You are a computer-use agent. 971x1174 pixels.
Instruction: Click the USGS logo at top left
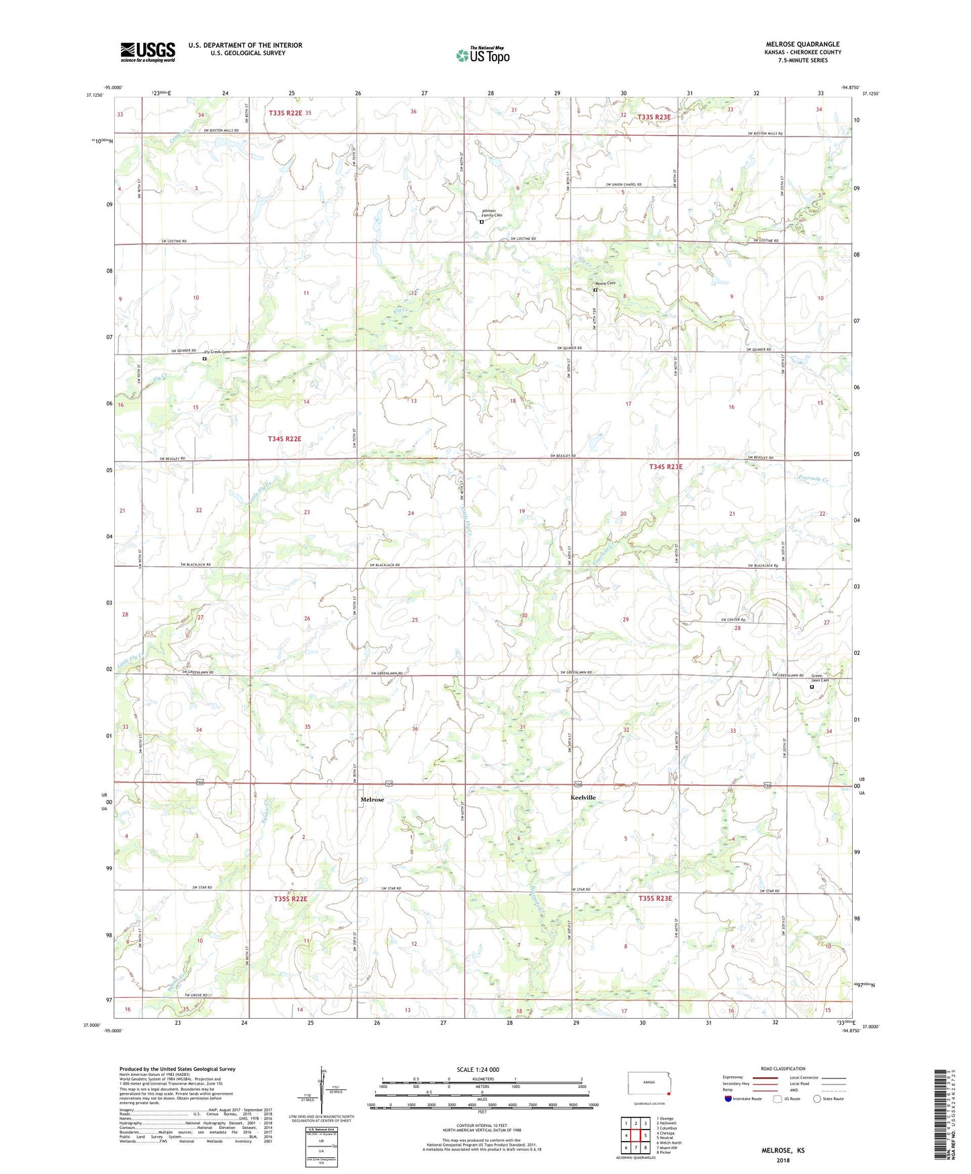148,52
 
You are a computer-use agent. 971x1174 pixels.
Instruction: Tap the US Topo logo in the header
482,56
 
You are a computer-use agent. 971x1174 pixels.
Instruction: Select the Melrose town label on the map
372,799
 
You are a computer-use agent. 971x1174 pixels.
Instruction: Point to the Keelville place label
583,797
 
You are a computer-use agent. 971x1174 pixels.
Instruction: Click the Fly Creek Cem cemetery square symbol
205,359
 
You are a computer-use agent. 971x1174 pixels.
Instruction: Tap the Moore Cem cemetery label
605,284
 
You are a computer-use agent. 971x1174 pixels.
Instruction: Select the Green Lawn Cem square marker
811,687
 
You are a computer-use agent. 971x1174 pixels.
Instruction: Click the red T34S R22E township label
284,438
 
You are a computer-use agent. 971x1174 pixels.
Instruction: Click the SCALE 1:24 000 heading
478,1070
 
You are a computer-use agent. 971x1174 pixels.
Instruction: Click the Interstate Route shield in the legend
728,1099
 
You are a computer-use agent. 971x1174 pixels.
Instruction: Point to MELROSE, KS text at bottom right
783,1150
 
